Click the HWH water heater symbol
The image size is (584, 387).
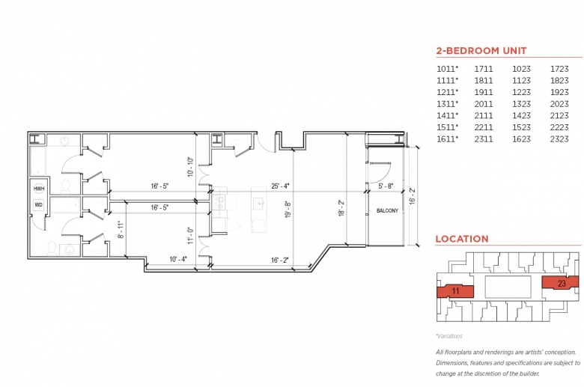pyautogui.click(x=39, y=189)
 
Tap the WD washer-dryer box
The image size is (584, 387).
pyautogui.click(x=39, y=205)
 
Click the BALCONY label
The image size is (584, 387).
pyautogui.click(x=387, y=211)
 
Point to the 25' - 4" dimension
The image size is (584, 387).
pyautogui.click(x=281, y=186)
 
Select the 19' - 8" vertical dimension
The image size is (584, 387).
pyautogui.click(x=288, y=210)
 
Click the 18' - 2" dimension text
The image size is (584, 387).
pyautogui.click(x=341, y=209)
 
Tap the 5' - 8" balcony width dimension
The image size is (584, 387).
pyautogui.click(x=386, y=186)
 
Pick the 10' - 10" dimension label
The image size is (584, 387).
pyautogui.click(x=190, y=167)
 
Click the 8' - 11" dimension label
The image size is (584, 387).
pyautogui.click(x=121, y=230)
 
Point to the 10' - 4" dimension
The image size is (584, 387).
pyautogui.click(x=178, y=259)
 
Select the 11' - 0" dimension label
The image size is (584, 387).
pyautogui.click(x=190, y=236)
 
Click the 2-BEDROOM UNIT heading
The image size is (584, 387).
pyautogui.click(x=481, y=51)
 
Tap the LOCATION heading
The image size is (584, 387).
pyautogui.click(x=462, y=239)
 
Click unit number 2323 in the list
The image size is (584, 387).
pyautogui.click(x=559, y=139)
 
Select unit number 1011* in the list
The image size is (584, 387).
pyautogui.click(x=447, y=69)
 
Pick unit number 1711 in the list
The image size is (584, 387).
pyautogui.click(x=484, y=69)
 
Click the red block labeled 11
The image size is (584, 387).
pyautogui.click(x=455, y=291)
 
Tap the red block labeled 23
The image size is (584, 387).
pyautogui.click(x=560, y=283)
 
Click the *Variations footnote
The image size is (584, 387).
pyautogui.click(x=448, y=336)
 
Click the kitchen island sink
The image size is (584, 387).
pyautogui.click(x=259, y=204)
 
